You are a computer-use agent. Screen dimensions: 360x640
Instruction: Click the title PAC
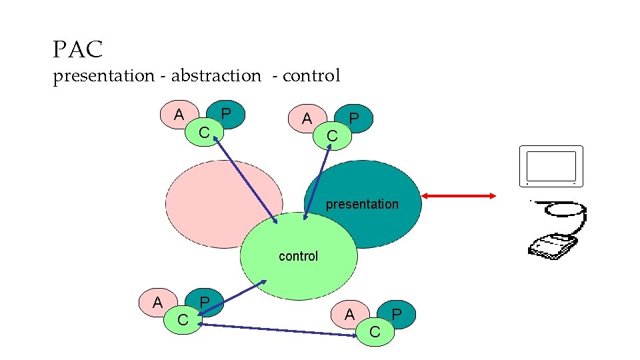coord(78,49)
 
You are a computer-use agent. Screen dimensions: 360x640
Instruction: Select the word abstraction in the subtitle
coord(216,76)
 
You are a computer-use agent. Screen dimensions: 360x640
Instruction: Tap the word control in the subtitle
coord(311,76)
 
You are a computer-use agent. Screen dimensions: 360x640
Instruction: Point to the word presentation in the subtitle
coord(104,76)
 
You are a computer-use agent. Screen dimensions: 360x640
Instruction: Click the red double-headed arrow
coord(459,195)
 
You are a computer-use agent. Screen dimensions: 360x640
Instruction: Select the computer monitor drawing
coord(551,167)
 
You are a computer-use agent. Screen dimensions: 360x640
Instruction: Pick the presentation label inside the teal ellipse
coord(362,204)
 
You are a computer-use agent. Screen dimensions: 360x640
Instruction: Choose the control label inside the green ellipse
coord(298,256)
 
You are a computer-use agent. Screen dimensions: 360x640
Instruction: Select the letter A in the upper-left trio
coord(179,115)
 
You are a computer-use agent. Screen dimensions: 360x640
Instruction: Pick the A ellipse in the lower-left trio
coord(157,302)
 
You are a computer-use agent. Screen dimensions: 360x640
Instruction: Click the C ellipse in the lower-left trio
coord(182,320)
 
